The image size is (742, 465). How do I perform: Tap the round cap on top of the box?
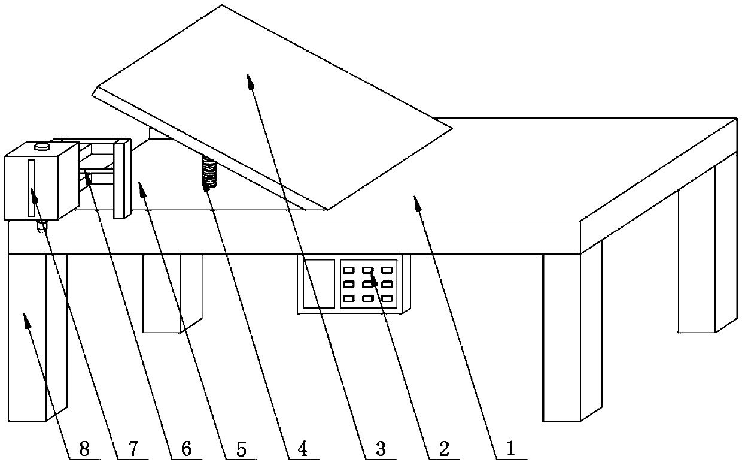click(x=42, y=146)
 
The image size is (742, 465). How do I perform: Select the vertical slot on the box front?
click(x=31, y=188)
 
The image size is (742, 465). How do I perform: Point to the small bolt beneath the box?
click(x=41, y=227)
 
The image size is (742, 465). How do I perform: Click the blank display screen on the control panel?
click(x=319, y=283)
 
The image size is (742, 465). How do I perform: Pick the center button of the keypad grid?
click(x=368, y=284)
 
